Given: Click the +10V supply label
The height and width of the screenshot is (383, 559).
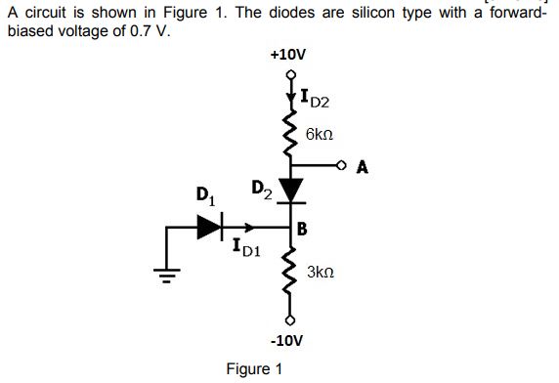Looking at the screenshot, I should (288, 56).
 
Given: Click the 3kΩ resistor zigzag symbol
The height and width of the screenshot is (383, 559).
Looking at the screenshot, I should (289, 276).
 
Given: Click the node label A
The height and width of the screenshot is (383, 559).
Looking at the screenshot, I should (363, 166).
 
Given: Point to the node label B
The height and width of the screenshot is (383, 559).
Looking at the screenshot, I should (303, 232).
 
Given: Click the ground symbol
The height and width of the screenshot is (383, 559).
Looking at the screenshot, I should (168, 275).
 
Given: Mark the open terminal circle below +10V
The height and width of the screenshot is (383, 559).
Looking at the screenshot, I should (289, 72).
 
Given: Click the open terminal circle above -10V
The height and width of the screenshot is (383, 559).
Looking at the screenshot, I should (289, 321).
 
